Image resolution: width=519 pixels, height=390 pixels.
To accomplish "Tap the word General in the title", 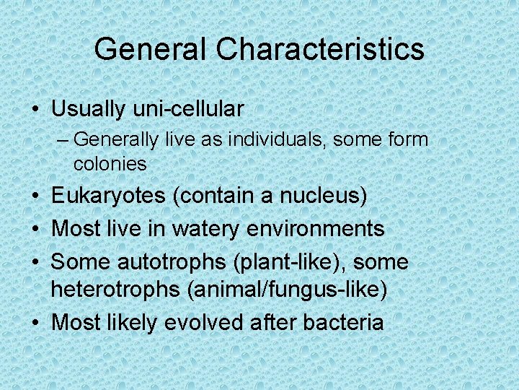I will point(151,50).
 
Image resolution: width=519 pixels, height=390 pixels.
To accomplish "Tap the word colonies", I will point(110,164).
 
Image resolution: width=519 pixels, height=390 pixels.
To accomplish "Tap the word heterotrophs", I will point(115,290).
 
